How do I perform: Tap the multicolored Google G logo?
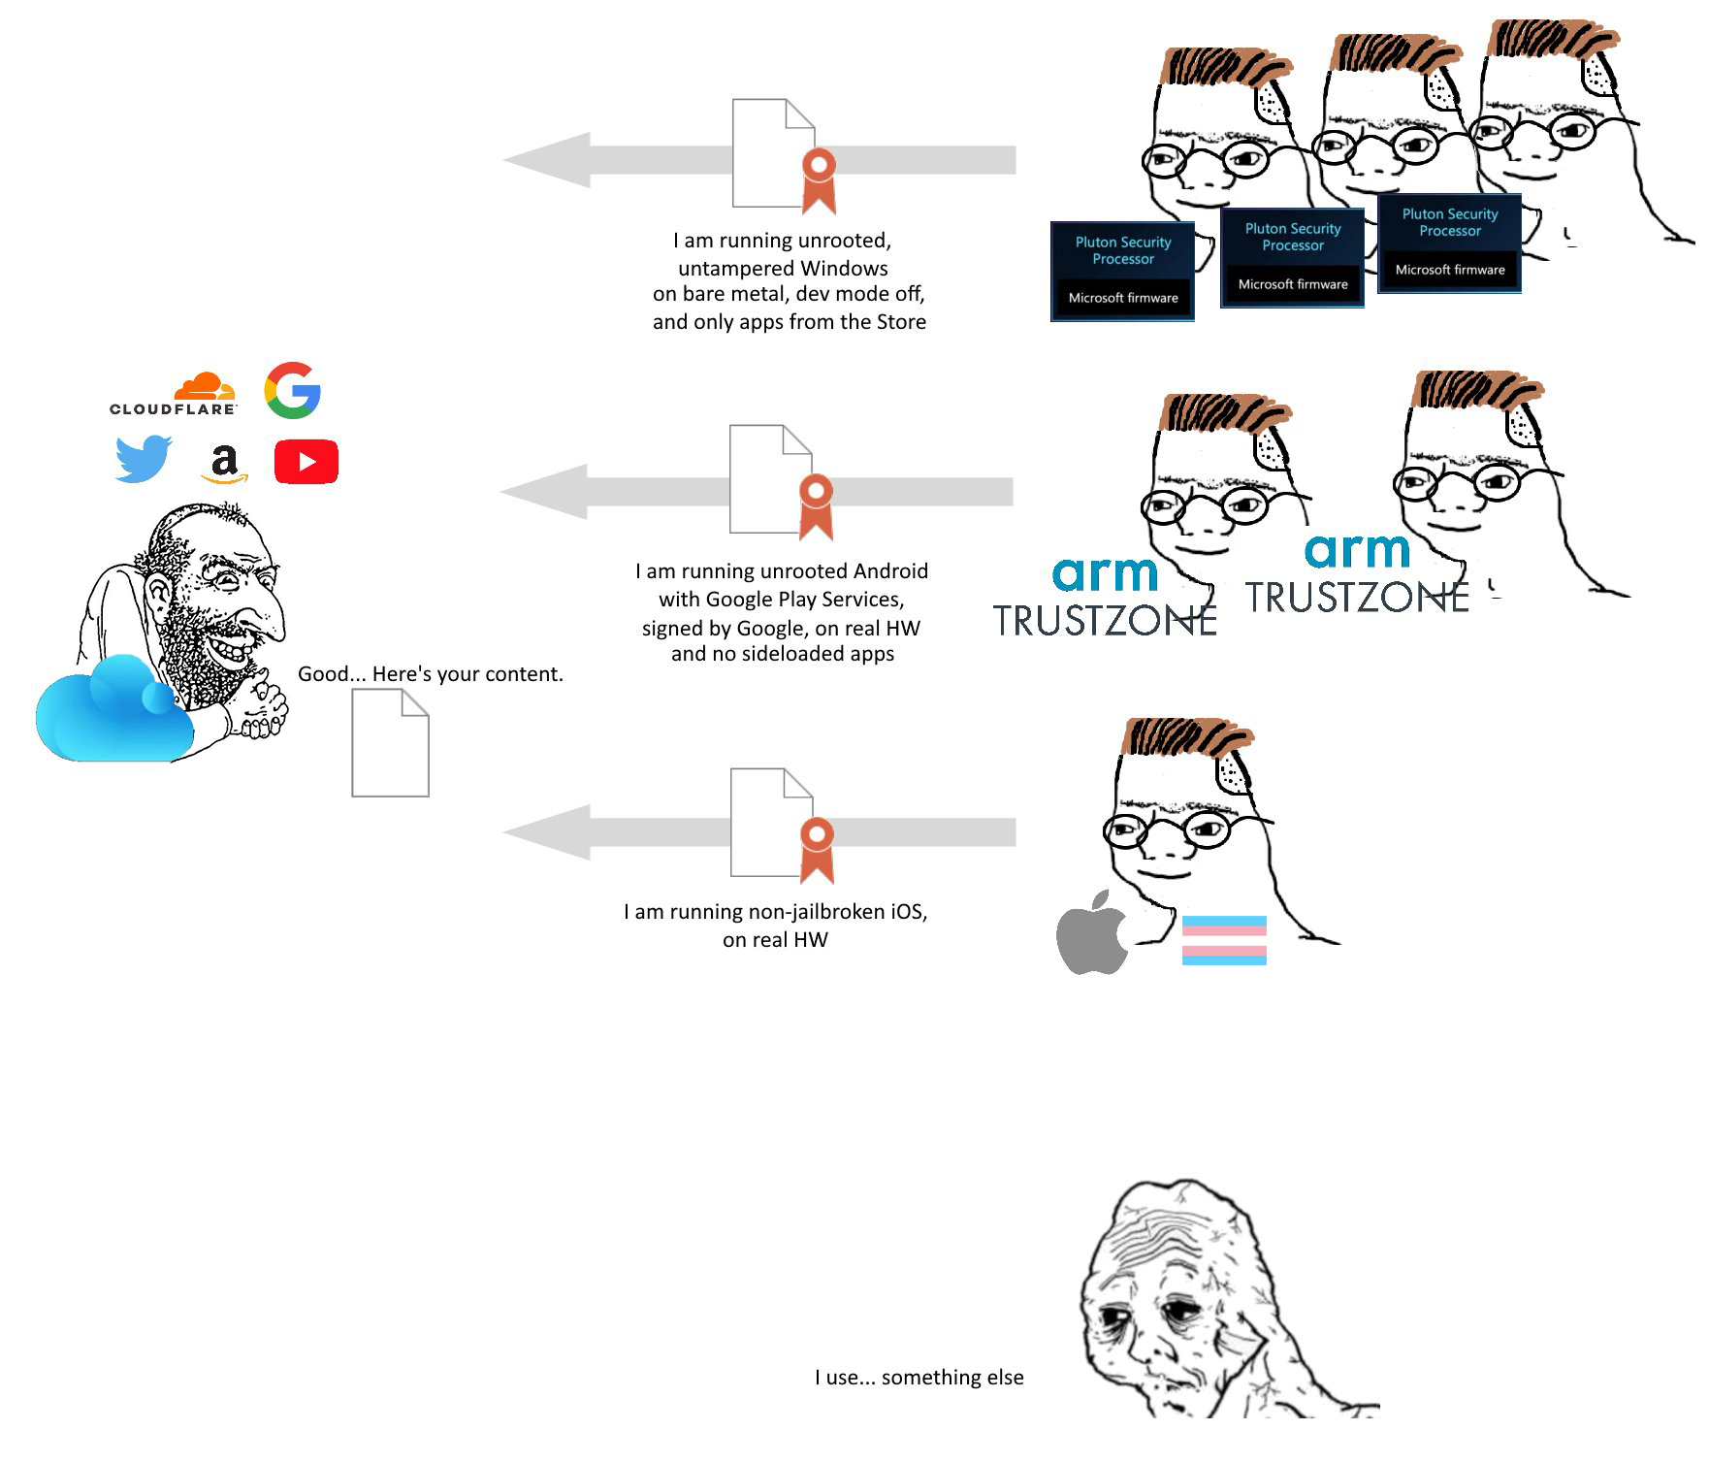pos(293,390)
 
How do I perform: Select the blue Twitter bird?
pos(144,459)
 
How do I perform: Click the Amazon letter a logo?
pos(224,463)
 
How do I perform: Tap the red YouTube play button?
pos(306,462)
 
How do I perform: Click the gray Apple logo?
pos(1092,931)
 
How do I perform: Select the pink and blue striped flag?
pos(1224,940)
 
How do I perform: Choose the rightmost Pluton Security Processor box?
pos(1449,244)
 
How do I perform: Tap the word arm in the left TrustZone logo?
pos(1105,573)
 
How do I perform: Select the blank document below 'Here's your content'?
pos(390,743)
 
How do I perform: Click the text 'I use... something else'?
pos(919,1378)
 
